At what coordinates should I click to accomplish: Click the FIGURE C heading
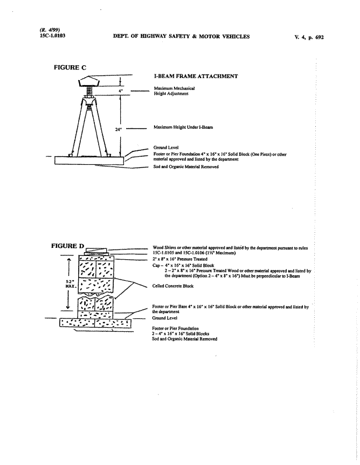71,67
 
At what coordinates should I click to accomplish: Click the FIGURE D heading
67,246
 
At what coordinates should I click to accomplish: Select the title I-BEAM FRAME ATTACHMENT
196,77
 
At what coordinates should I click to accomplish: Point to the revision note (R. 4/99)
49,30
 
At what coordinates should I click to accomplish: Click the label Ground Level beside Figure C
165,147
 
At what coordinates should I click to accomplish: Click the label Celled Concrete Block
173,286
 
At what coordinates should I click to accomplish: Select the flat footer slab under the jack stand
89,161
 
